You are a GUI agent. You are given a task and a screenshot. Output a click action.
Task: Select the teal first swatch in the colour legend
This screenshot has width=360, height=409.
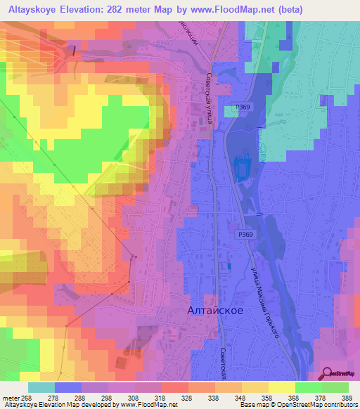[x=41, y=387]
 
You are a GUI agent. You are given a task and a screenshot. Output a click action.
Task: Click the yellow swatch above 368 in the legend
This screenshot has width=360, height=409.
[x=282, y=387]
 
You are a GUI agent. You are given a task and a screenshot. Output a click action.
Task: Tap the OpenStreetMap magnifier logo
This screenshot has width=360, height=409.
[x=328, y=374]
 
